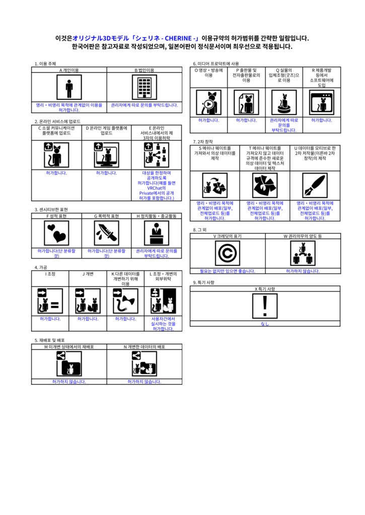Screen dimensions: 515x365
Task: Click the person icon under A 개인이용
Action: pos(69,88)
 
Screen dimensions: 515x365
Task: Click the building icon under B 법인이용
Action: pos(144,88)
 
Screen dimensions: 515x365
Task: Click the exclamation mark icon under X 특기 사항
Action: pos(265,306)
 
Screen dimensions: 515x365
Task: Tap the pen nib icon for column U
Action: pos(315,186)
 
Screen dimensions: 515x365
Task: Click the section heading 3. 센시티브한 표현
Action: pos(51,210)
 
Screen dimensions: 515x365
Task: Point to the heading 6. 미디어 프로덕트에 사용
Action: pos(216,64)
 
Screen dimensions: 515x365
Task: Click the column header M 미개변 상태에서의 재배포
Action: pos(69,347)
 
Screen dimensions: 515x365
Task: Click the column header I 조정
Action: pos(50,274)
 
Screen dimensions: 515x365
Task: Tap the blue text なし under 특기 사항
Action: pos(265,323)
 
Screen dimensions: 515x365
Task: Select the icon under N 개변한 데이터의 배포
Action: pos(144,364)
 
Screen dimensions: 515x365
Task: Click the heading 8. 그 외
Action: pos(200,229)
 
